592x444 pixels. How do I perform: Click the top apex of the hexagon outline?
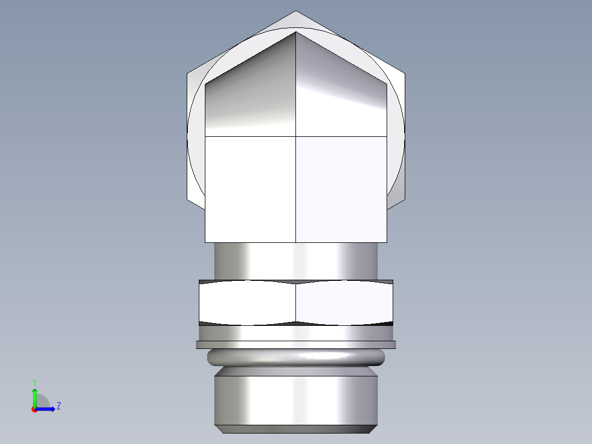296,12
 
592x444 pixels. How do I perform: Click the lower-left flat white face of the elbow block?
250,190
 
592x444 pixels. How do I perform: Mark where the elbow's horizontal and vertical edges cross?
296,136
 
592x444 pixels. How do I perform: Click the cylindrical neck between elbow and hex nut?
296,261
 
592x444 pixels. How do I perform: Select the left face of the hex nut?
247,302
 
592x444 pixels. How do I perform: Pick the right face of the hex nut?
344,302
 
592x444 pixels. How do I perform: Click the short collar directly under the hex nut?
296,333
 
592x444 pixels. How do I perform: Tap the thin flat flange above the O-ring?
296,345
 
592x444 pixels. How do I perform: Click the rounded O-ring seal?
296,358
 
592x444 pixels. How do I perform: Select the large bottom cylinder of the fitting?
296,398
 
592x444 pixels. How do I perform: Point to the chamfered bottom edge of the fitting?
296,429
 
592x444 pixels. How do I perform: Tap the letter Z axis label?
58,406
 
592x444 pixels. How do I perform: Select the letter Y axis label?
35,381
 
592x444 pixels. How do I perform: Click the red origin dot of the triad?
35,409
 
